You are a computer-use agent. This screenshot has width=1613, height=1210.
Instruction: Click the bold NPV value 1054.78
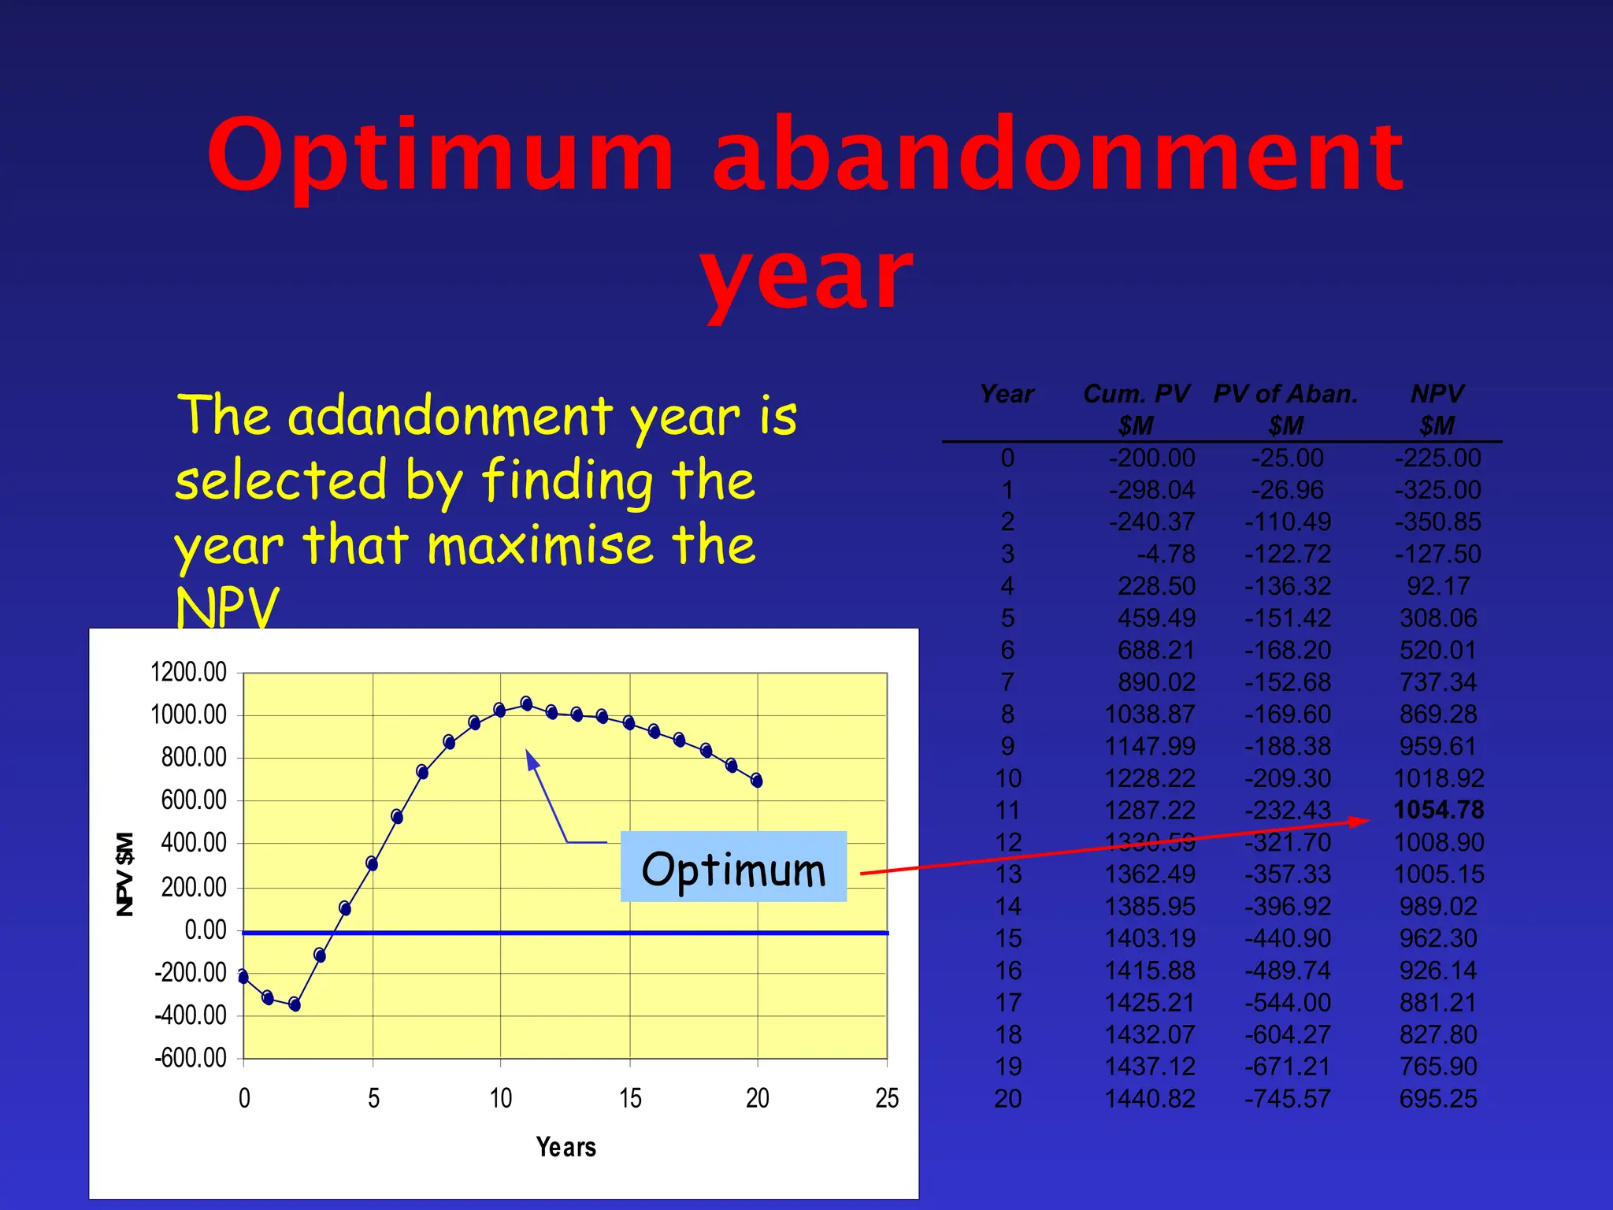(x=1438, y=810)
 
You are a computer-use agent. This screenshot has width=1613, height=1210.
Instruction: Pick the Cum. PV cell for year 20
(x=1150, y=1099)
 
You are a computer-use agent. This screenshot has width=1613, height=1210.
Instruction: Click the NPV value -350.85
(x=1437, y=522)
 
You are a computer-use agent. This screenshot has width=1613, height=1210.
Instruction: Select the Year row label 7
(x=1007, y=682)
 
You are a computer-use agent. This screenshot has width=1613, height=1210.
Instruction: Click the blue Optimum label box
(x=733, y=867)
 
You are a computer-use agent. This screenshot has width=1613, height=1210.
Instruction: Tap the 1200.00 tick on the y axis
(x=188, y=672)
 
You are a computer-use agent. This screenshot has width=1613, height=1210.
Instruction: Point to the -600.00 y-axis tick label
(x=191, y=1057)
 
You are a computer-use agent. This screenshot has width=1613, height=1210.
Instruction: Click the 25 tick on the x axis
(x=887, y=1098)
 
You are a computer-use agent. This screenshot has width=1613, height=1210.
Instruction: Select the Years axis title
(x=565, y=1147)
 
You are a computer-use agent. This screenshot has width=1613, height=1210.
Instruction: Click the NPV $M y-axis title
(x=124, y=874)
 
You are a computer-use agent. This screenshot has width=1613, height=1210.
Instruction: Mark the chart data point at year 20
(x=757, y=781)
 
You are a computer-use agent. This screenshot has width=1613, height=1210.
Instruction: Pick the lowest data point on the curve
(x=295, y=1004)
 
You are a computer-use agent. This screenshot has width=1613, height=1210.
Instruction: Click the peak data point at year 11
(x=526, y=703)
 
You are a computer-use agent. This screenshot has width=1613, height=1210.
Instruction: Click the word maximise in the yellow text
(x=540, y=544)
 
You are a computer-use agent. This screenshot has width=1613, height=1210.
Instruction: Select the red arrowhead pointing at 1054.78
(x=1359, y=822)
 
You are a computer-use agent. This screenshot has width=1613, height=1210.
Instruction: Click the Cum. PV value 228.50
(x=1156, y=586)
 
